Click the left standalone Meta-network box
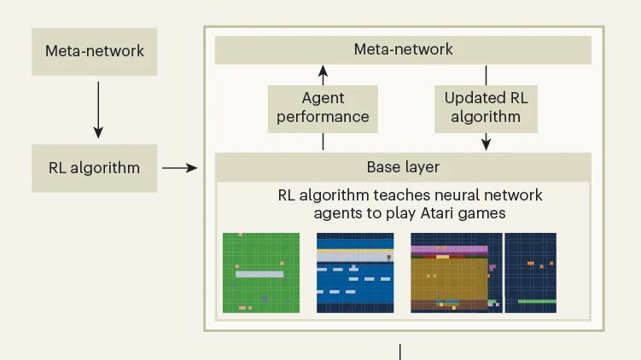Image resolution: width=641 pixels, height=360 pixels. pyautogui.click(x=94, y=50)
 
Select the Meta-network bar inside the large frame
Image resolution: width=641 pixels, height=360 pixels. pyautogui.click(x=403, y=50)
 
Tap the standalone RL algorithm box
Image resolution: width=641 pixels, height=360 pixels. pyautogui.click(x=94, y=167)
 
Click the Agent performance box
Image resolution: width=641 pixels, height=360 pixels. pyautogui.click(x=323, y=107)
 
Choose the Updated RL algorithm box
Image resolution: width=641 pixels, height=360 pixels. pyautogui.click(x=486, y=107)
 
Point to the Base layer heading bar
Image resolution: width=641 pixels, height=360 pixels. pyautogui.click(x=403, y=166)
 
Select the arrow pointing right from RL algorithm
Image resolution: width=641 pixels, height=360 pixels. pyautogui.click(x=178, y=168)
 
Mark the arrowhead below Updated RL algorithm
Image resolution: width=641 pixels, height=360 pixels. pyautogui.click(x=486, y=144)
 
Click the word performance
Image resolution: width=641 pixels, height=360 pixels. pyautogui.click(x=323, y=117)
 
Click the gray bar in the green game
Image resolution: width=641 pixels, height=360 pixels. pyautogui.click(x=259, y=274)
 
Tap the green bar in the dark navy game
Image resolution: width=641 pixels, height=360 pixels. pyautogui.click(x=537, y=301)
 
